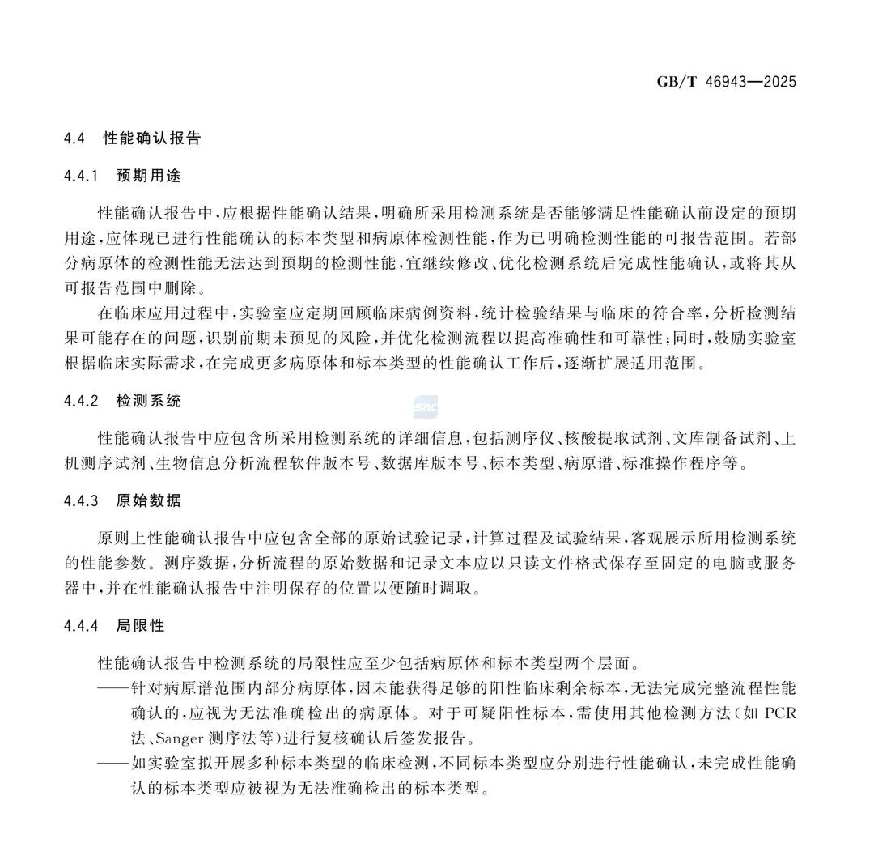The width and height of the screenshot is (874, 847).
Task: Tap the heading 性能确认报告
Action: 152,138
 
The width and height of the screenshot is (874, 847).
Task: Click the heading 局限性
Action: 141,625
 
